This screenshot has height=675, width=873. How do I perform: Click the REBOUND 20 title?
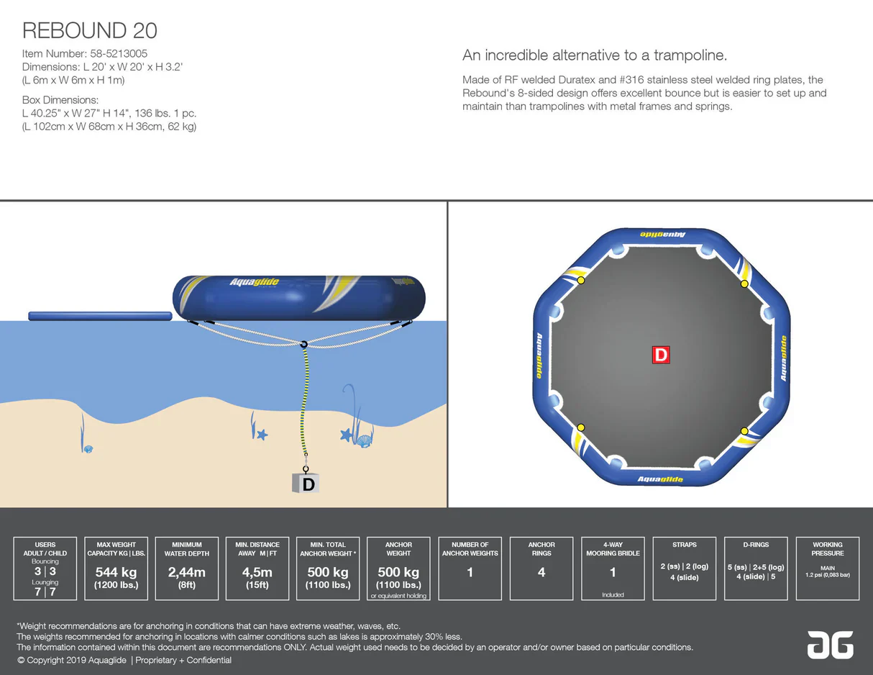(90, 30)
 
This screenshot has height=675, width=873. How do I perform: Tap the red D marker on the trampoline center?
(660, 354)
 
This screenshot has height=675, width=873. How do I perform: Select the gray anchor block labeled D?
(306, 484)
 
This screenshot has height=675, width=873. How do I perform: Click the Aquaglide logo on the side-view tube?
(254, 282)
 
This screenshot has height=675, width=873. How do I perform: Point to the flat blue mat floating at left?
(100, 316)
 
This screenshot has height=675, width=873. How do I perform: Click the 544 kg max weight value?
(116, 573)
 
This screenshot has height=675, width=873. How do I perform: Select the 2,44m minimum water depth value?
(186, 573)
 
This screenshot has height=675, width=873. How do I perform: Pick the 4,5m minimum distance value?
(257, 573)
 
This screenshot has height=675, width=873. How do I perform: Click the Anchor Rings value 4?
(541, 573)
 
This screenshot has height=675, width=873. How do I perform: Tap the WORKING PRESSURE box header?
(827, 549)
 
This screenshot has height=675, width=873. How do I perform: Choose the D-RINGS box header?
(756, 545)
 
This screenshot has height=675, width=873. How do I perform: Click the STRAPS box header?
(684, 545)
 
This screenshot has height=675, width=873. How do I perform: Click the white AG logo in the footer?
(830, 644)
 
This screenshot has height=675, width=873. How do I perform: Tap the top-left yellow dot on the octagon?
(581, 281)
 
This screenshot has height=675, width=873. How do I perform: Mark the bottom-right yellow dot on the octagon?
(744, 431)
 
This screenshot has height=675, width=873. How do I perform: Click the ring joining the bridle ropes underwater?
(304, 345)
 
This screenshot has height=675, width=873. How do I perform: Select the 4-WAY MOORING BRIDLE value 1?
(613, 573)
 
